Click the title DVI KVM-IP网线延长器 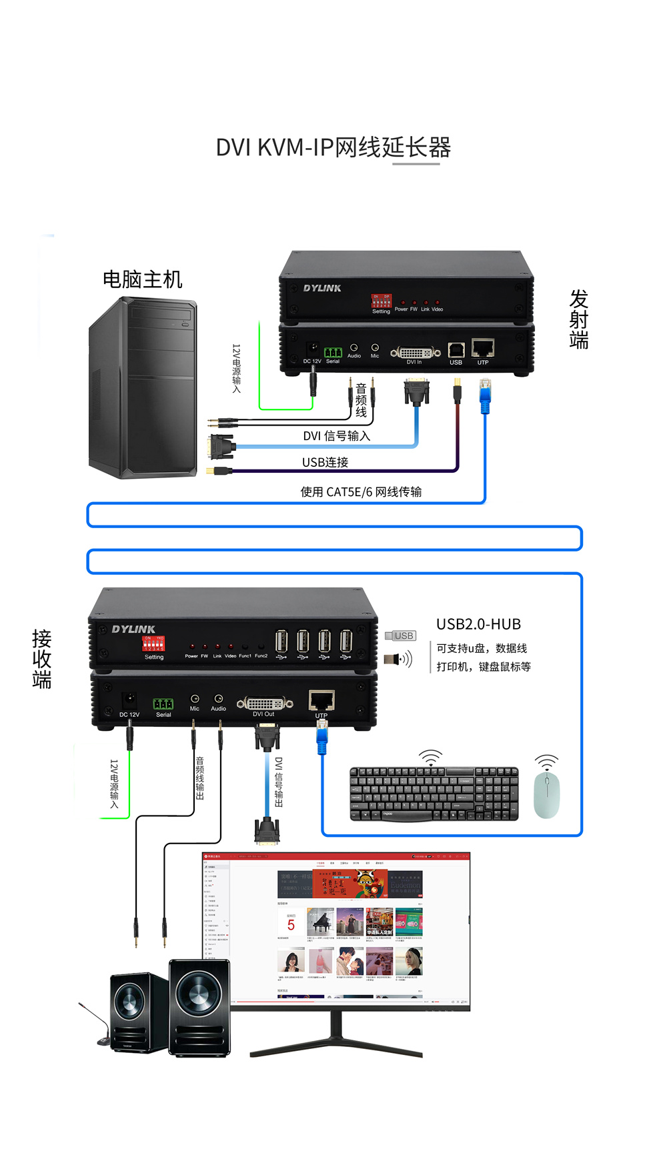(333, 147)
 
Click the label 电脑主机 (142, 279)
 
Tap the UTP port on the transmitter (482, 347)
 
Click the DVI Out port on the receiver (265, 703)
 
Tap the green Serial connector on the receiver (163, 704)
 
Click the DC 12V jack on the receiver (129, 700)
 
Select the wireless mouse (546, 794)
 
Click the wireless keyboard (434, 794)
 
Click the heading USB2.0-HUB (478, 624)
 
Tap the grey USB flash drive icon (401, 636)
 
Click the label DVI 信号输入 (336, 436)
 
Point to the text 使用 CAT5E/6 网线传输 (361, 492)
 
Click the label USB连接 (325, 462)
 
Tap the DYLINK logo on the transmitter (322, 288)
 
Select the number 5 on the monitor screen (291, 925)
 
